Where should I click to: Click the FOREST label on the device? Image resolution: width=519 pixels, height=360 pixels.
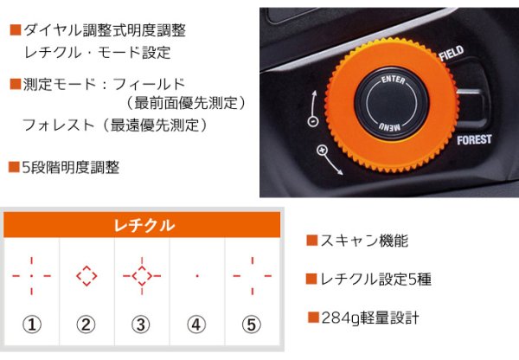pyautogui.click(x=474, y=139)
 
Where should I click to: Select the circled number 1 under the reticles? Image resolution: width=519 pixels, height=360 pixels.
pyautogui.click(x=31, y=325)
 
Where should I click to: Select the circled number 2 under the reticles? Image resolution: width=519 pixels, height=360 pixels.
pyautogui.click(x=86, y=325)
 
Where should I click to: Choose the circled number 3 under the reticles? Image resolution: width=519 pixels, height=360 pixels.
pyautogui.click(x=142, y=325)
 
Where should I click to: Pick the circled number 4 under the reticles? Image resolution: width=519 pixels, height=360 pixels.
pyautogui.click(x=197, y=325)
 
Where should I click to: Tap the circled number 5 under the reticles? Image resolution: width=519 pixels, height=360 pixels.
pyautogui.click(x=252, y=325)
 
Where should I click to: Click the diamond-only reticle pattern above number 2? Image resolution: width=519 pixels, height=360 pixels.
pyautogui.click(x=86, y=276)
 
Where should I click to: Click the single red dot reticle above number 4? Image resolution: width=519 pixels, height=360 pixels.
pyautogui.click(x=197, y=276)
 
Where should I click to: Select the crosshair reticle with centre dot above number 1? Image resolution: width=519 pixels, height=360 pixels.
pyautogui.click(x=31, y=276)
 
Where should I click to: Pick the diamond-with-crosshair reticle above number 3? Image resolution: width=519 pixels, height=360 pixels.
pyautogui.click(x=142, y=276)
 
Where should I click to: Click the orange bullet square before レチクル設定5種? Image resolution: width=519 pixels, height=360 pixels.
pyautogui.click(x=311, y=280)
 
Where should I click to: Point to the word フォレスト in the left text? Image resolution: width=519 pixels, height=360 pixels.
pyautogui.click(x=58, y=125)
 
